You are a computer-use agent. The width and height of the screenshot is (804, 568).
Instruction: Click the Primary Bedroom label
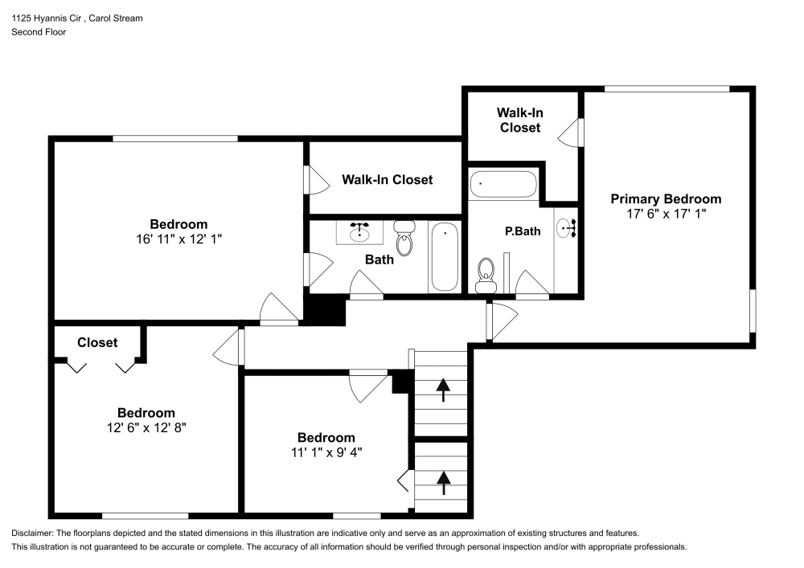point(666,199)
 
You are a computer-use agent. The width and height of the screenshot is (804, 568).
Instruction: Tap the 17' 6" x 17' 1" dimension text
point(666,214)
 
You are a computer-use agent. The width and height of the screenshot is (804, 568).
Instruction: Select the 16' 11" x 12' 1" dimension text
point(178,239)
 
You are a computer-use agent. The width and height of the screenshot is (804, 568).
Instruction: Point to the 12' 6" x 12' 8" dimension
point(146,427)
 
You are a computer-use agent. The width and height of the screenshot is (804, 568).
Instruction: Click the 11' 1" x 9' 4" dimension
point(326,452)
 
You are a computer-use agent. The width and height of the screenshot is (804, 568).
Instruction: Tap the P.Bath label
point(523,231)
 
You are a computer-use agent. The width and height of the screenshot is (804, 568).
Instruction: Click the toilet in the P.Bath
point(485,276)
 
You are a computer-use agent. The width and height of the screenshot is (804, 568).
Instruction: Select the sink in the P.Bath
point(567,228)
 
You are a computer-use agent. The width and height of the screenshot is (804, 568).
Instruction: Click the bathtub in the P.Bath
point(503,184)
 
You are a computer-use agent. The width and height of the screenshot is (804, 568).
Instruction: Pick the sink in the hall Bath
point(359,233)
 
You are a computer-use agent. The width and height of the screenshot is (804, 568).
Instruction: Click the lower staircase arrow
point(442,482)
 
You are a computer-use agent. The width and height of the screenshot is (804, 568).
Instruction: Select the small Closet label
point(97,342)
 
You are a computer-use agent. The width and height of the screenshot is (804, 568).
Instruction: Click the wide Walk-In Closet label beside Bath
point(387,179)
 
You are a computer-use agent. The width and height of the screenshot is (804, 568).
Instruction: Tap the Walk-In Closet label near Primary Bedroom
point(520,120)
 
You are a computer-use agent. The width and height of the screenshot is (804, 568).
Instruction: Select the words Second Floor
point(39,32)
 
